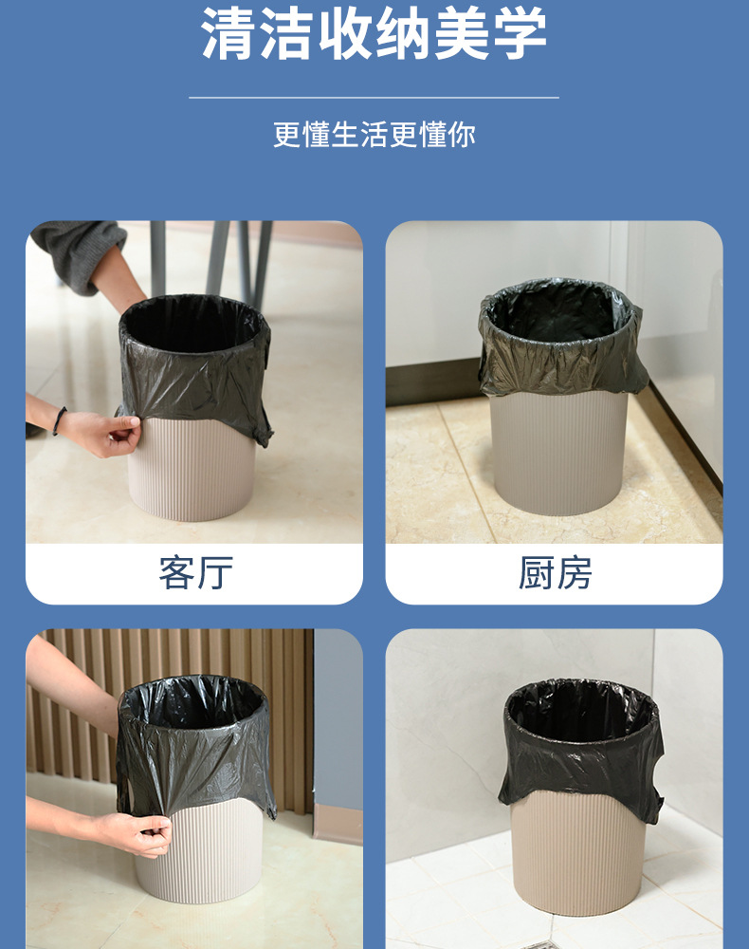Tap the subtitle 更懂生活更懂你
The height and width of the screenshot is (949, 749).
(374, 135)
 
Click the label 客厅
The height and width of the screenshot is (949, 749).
(195, 573)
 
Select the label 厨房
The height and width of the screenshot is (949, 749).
(555, 573)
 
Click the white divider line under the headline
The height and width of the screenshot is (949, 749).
(374, 97)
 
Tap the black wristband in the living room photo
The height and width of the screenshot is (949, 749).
(60, 420)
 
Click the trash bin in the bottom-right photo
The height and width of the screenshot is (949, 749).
(581, 854)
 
